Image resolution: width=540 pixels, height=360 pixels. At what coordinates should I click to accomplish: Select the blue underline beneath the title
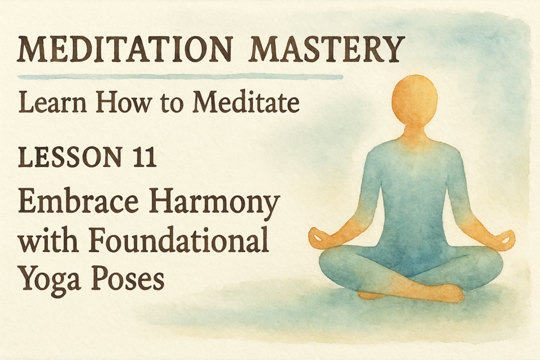[180, 77]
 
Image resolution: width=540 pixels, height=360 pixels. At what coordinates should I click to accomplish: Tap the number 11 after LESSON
[144, 157]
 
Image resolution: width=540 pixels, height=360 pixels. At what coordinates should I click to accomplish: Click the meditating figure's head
[415, 100]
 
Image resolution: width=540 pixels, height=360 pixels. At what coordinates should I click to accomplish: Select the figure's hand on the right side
[504, 238]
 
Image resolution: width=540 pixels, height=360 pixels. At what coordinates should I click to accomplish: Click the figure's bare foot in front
[444, 294]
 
